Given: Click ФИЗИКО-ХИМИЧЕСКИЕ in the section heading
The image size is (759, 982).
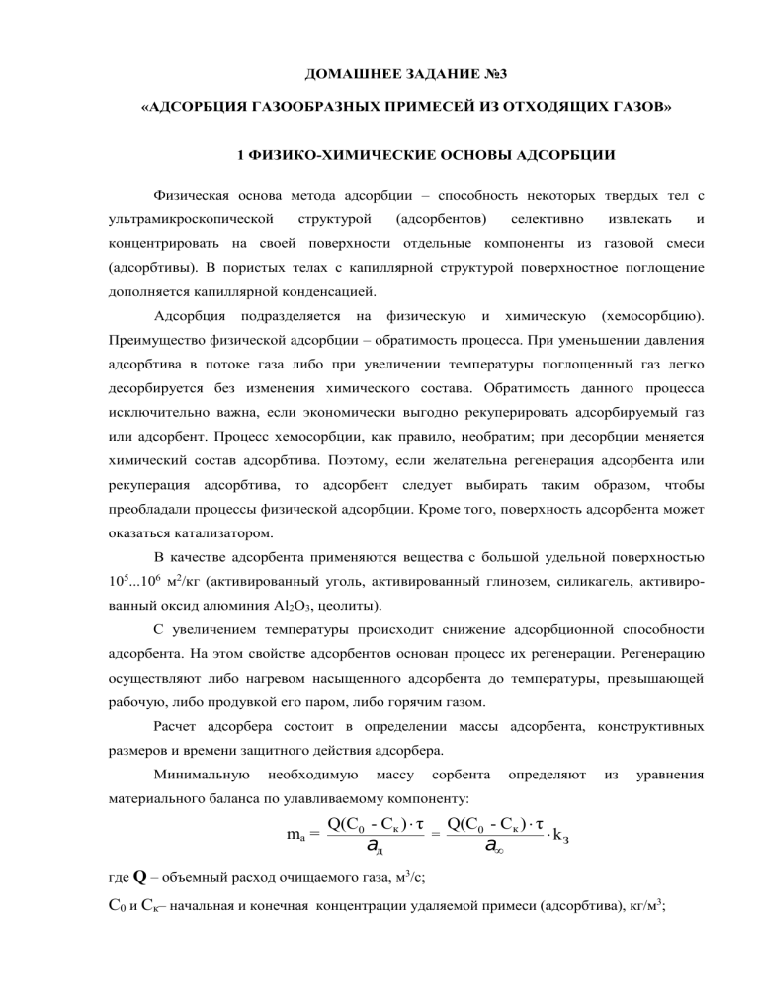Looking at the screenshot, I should tap(326, 155).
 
